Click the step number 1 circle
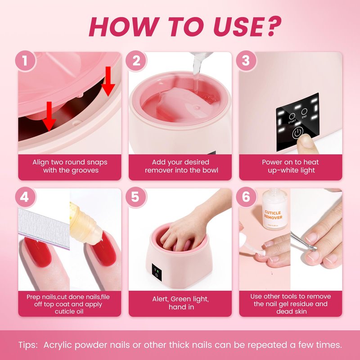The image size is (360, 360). tap(25, 61)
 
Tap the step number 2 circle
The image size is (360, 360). tap(136, 61)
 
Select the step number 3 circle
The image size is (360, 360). tap(246, 61)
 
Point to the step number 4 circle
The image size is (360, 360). tap(25, 197)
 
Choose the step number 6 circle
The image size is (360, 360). tap(246, 197)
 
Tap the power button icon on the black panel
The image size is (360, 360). tap(297, 133)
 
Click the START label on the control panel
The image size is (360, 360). tap(292, 121)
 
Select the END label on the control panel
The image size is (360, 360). tap(304, 117)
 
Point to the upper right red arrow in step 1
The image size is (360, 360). tap(108, 81)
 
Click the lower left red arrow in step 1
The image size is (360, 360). tap(49, 117)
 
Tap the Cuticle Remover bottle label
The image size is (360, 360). tap(273, 215)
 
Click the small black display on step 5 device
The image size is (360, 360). tap(157, 272)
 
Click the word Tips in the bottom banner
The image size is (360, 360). tap(28, 345)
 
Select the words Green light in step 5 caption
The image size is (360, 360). tap(189, 299)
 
